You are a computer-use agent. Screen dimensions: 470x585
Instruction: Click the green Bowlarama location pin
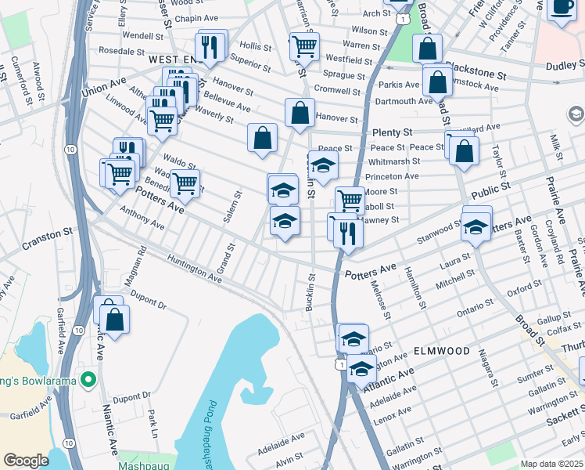coord(88,381)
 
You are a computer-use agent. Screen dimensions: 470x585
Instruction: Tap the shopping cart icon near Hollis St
coord(304,46)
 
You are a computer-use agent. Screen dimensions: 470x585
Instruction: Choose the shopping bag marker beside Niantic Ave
coord(114,320)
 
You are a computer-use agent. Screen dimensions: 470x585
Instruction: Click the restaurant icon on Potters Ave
coord(348,233)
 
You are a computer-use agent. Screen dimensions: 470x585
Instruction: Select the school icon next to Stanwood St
coord(476,227)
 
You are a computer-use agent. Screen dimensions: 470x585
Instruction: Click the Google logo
coord(26,461)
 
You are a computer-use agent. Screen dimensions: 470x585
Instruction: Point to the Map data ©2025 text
coord(551,464)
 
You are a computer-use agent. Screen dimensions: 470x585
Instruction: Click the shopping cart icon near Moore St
coord(350,201)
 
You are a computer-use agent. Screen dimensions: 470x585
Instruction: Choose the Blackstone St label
coord(476,70)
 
